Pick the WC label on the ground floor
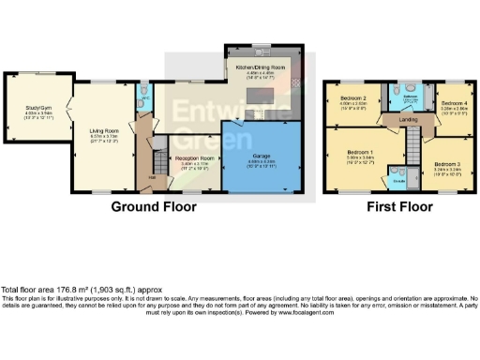[144, 97]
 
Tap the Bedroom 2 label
[352, 97]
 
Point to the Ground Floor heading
[151, 205]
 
